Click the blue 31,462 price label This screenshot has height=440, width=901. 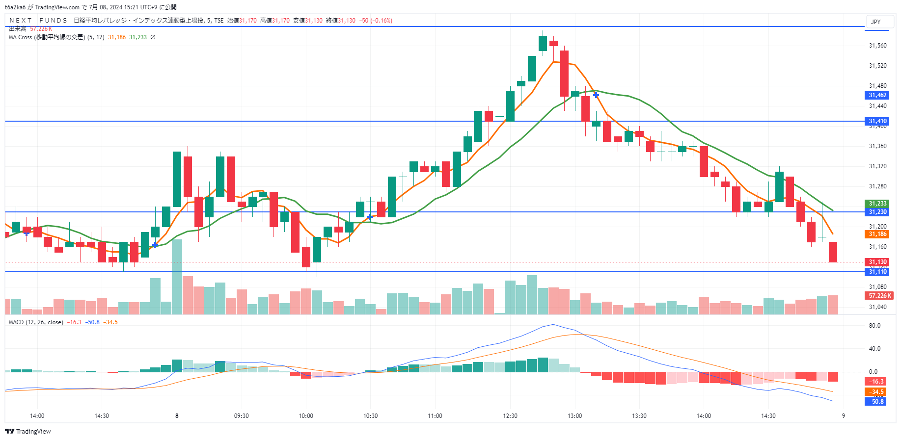coord(877,95)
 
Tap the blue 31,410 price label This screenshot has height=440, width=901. coord(877,121)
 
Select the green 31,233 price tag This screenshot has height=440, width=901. coord(877,204)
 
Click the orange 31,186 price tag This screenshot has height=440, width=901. coord(877,234)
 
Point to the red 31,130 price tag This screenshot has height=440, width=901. coord(877,262)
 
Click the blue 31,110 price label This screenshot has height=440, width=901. coord(877,272)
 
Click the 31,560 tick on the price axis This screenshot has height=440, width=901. coord(877,46)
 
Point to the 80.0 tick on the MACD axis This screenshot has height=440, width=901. coord(874,326)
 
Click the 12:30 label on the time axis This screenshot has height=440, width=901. coord(510,416)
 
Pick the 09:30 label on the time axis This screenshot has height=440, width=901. coord(241,416)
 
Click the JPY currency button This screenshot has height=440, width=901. coord(876,22)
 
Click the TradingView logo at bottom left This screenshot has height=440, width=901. coord(28,432)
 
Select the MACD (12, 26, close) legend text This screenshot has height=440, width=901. coord(36,322)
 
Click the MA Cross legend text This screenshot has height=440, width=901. coord(47,37)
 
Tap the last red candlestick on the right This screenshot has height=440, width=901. coord(833,252)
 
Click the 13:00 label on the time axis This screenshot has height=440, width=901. coord(574,416)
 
